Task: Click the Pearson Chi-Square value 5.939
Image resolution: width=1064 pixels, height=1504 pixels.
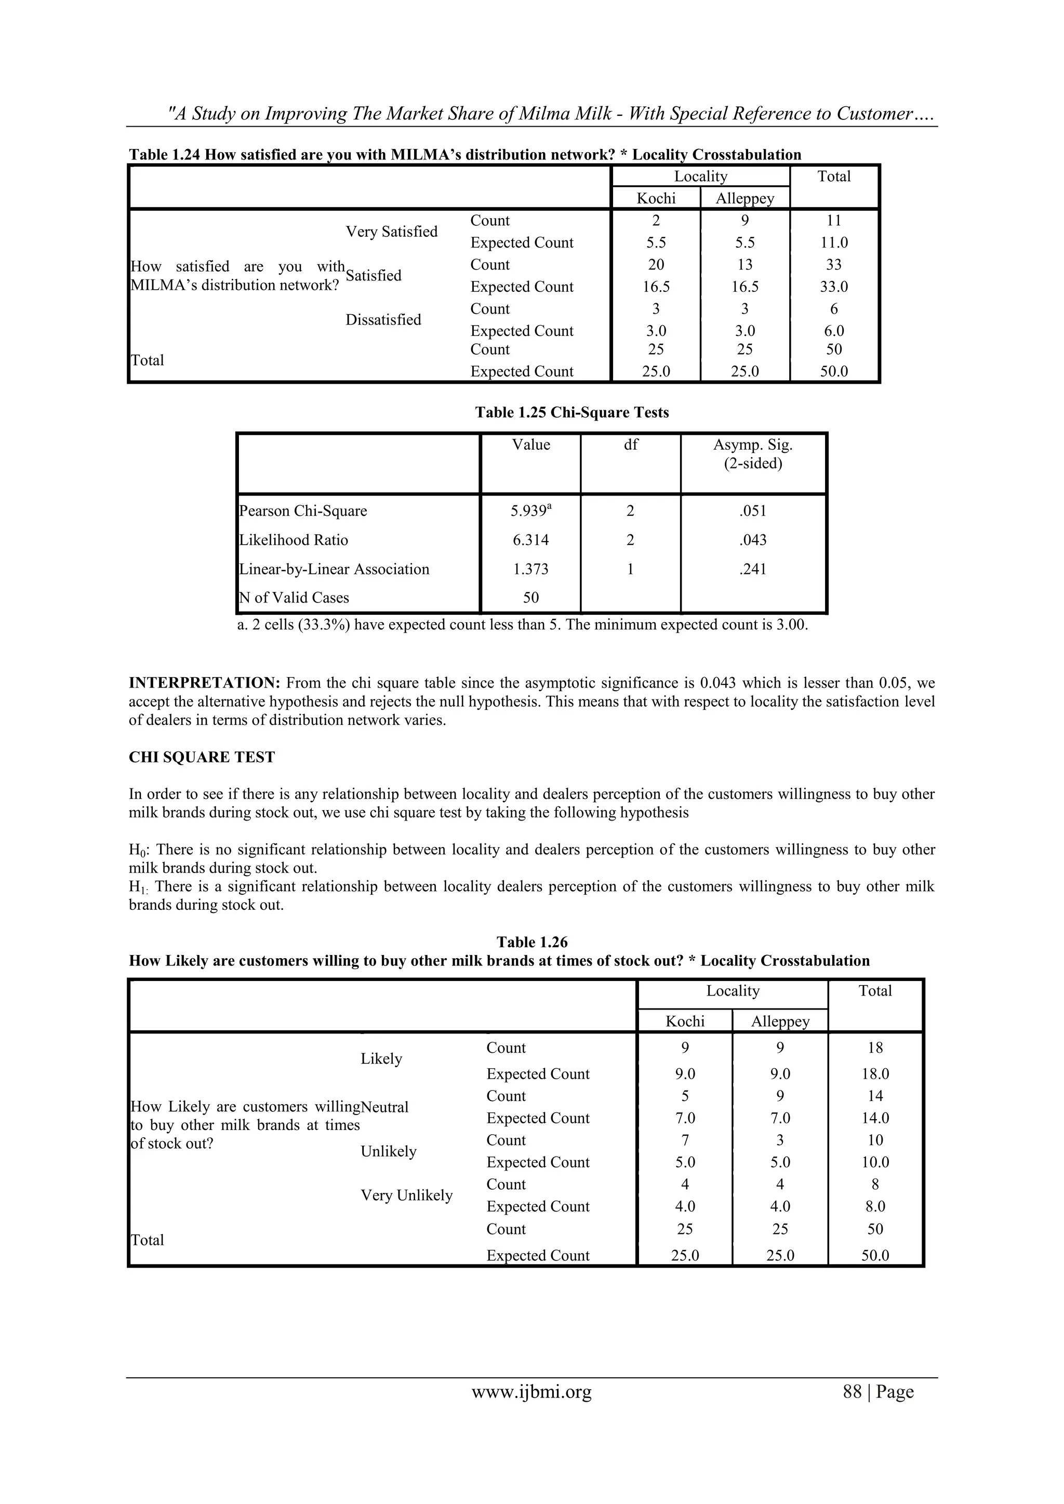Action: tap(529, 512)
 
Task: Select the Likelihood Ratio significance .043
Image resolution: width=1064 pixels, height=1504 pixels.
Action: tap(753, 541)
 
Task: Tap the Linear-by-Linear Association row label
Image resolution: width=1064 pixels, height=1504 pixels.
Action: tap(334, 569)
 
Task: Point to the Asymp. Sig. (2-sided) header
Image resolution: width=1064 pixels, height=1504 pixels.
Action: tap(753, 454)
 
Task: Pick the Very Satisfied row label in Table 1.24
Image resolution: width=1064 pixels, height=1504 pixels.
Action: tap(391, 232)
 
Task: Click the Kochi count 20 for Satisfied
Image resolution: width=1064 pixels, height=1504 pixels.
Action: tap(656, 265)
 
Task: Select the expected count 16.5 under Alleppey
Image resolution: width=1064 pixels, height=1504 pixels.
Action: tap(745, 287)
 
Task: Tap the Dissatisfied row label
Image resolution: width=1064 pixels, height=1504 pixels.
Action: tap(383, 320)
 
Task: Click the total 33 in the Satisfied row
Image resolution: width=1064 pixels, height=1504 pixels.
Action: tap(834, 265)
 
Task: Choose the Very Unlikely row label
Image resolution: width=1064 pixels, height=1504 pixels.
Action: tap(406, 1196)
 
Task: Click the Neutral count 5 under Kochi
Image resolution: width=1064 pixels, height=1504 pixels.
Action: tap(685, 1096)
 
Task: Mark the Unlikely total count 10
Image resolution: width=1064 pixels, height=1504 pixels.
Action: tap(875, 1140)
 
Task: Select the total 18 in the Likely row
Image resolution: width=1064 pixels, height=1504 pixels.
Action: tap(875, 1048)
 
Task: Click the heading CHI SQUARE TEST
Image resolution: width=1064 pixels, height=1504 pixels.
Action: tap(202, 757)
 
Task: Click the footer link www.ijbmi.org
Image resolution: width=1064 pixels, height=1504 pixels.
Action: tap(531, 1391)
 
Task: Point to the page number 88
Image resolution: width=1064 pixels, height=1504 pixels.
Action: tap(853, 1391)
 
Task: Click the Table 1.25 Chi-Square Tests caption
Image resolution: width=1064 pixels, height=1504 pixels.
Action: tap(571, 413)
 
